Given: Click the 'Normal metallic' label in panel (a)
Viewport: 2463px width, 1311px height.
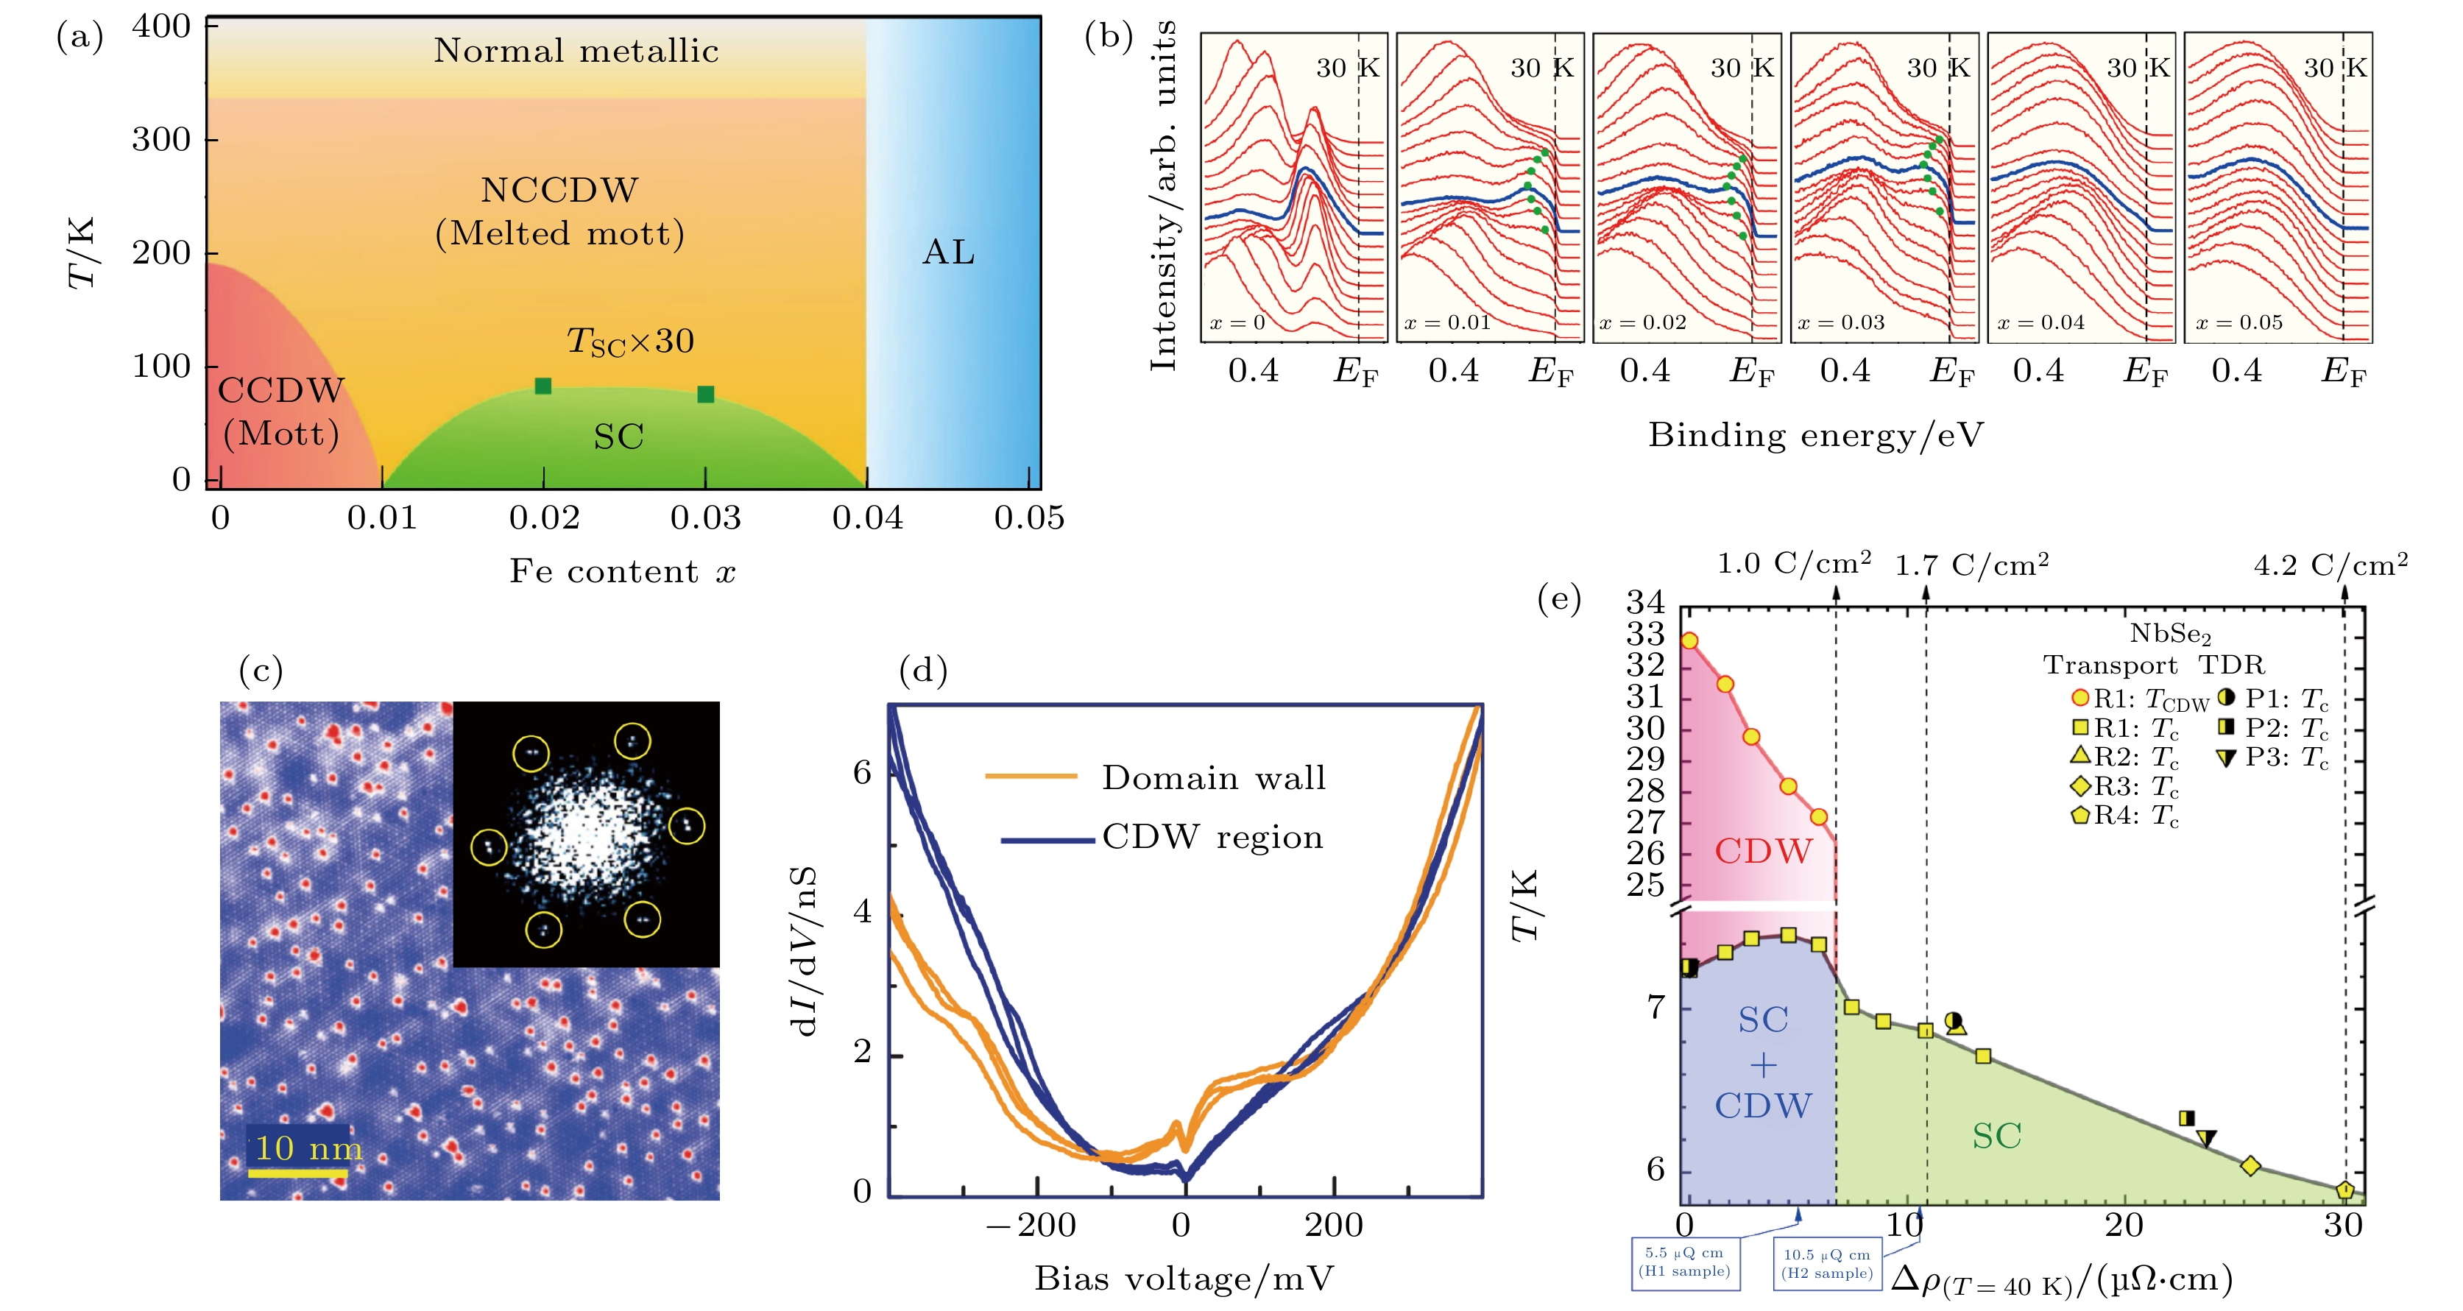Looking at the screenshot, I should pos(576,51).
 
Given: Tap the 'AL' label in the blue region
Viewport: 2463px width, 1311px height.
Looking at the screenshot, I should pos(949,252).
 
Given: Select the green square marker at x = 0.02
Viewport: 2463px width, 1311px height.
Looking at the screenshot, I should pos(543,386).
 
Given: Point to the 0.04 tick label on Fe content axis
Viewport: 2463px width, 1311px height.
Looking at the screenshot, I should pos(867,518).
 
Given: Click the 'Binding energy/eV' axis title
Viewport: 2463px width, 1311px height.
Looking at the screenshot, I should pos(1814,436).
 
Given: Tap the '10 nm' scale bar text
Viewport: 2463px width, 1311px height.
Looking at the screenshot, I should pos(308,1148).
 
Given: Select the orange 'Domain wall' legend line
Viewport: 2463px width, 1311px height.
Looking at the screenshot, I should pos(1031,777).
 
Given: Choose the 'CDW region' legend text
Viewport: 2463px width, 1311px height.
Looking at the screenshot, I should pos(1212,838).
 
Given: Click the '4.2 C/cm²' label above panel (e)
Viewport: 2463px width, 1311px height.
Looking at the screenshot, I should pos(2330,566).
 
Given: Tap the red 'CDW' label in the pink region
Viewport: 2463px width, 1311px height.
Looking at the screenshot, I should pos(1762,851).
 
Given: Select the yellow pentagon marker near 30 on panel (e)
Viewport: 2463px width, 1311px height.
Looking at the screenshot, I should pos(2344,1190).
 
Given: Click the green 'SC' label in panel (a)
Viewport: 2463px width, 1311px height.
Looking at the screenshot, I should pos(618,437).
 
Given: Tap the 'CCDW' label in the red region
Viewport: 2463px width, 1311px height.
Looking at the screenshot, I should pos(280,390).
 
